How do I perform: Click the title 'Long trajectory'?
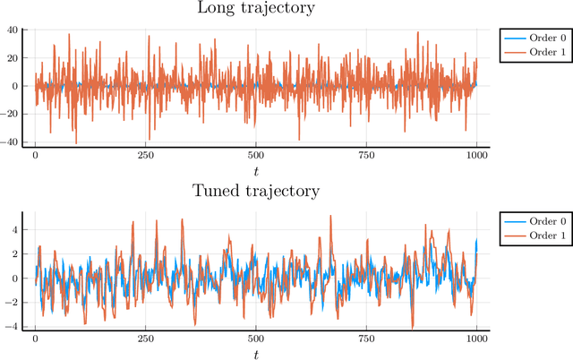[x=256, y=9]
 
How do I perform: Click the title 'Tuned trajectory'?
[x=256, y=191]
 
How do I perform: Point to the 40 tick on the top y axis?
[x=13, y=30]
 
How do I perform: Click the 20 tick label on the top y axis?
[x=13, y=58]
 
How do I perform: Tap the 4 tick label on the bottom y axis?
[x=16, y=228]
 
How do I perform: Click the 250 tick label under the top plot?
[x=146, y=156]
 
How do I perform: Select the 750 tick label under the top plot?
[x=366, y=156]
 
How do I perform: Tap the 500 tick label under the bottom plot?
[x=256, y=339]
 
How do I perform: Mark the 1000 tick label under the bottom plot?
[x=476, y=339]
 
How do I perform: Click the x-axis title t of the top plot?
[x=256, y=170]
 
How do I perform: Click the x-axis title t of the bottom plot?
[x=256, y=354]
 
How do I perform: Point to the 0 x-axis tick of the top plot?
[x=36, y=156]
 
